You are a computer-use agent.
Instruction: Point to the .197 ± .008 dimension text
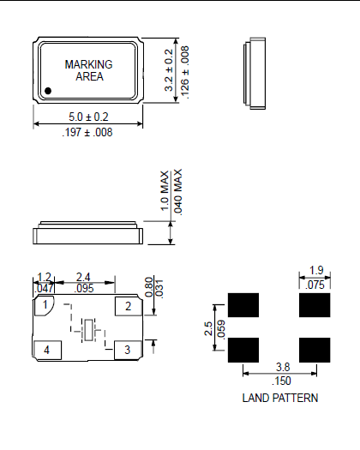pyautogui.click(x=87, y=132)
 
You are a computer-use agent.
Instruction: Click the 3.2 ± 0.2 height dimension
pyautogui.click(x=169, y=70)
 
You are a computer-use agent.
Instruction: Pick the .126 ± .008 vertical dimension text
pyautogui.click(x=183, y=70)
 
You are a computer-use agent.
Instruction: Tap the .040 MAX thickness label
pyautogui.click(x=178, y=190)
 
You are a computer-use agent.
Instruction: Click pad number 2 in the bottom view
pyautogui.click(x=128, y=306)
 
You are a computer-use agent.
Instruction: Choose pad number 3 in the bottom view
pyautogui.click(x=128, y=349)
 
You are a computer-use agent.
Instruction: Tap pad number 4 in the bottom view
pyautogui.click(x=46, y=349)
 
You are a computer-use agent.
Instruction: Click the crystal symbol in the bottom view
pyautogui.click(x=88, y=328)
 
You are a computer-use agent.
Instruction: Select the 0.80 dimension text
pyautogui.click(x=148, y=285)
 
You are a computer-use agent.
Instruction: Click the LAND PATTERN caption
pyautogui.click(x=280, y=398)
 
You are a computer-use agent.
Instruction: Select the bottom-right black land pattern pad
pyautogui.click(x=315, y=348)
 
